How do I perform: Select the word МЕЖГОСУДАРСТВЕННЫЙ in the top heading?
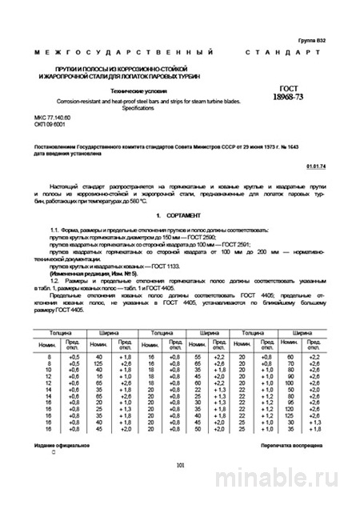(97, 52)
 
